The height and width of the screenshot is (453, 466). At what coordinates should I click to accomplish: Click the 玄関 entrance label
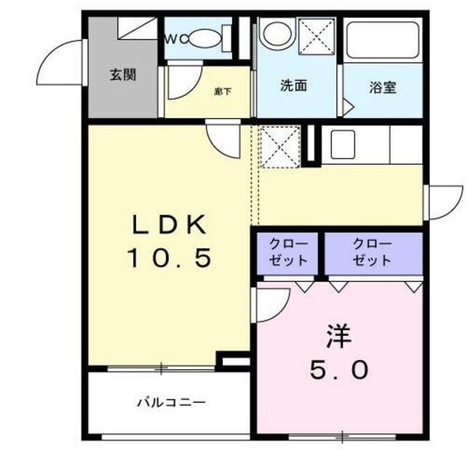click(x=123, y=74)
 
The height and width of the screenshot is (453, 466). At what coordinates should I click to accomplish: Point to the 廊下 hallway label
click(x=223, y=92)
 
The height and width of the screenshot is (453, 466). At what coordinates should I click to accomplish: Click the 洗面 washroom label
click(x=293, y=86)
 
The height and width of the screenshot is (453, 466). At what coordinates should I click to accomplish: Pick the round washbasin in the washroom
click(x=276, y=33)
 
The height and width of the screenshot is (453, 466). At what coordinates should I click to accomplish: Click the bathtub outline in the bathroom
click(x=383, y=42)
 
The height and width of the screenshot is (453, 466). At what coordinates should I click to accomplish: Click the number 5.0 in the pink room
click(x=339, y=371)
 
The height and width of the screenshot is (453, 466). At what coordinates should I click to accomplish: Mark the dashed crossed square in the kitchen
click(x=280, y=145)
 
